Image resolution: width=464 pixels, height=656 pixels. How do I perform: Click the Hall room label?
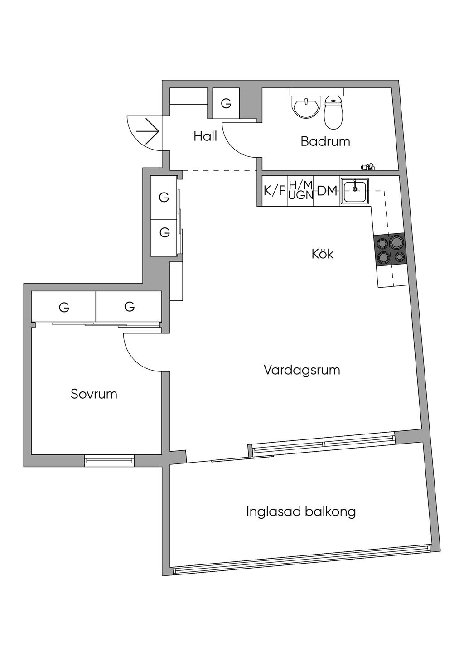click(205, 136)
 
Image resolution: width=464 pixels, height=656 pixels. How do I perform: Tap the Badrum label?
click(325, 141)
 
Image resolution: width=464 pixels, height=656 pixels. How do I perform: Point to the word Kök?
click(323, 254)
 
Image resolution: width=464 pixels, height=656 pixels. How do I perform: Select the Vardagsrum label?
click(302, 370)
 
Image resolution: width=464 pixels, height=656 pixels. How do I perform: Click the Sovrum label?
click(94, 394)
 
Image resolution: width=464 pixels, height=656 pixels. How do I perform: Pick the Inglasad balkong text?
click(301, 511)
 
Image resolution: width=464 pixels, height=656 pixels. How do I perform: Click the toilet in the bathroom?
click(334, 112)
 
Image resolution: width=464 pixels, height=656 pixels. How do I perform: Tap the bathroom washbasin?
click(306, 107)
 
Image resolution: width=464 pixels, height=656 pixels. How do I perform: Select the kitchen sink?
click(355, 191)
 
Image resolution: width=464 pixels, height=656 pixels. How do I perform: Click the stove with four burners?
click(389, 249)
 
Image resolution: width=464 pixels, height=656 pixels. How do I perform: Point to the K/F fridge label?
click(275, 191)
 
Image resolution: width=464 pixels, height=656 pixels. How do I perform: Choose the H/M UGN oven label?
click(301, 190)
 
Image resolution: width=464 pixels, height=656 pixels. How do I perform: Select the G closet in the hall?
click(226, 104)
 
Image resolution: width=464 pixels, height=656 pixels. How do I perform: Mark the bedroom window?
click(110, 460)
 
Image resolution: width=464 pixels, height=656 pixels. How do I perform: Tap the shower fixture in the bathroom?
click(368, 167)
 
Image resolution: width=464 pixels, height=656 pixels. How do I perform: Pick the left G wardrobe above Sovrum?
click(64, 308)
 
